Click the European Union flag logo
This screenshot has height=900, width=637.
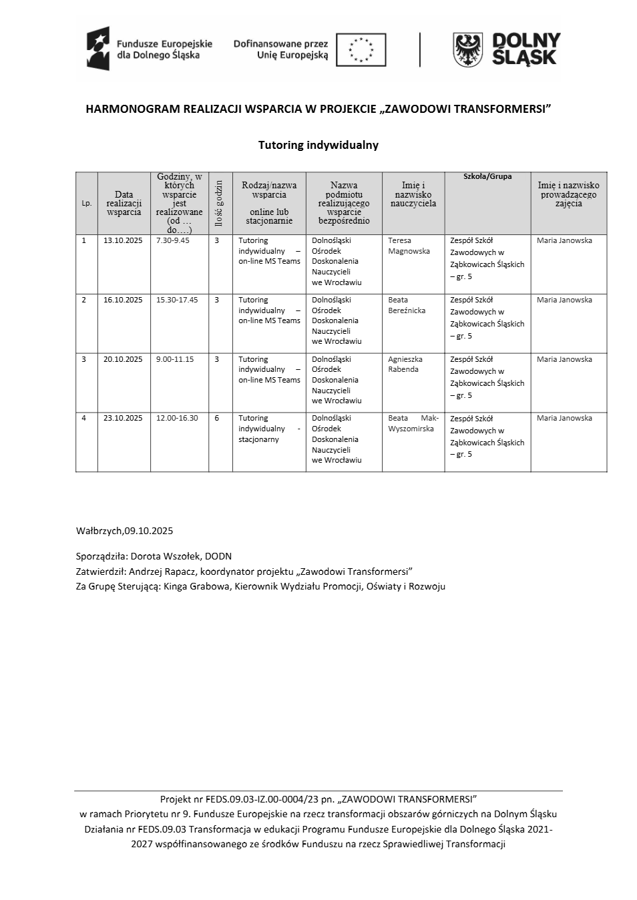(361, 49)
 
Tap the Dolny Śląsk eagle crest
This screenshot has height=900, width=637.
(468, 49)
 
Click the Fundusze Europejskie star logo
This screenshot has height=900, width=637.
(97, 49)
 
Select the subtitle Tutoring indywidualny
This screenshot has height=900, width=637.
(318, 145)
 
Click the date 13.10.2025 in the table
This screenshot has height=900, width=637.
(123, 240)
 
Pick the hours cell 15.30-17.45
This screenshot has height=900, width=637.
(177, 300)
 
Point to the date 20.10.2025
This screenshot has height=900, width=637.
(123, 359)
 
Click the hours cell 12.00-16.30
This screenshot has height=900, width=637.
(177, 418)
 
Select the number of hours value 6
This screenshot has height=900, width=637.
(217, 418)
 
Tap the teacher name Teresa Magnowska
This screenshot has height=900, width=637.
(409, 246)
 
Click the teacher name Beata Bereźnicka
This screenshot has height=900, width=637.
(407, 305)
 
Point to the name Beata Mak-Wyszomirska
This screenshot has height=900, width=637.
(413, 423)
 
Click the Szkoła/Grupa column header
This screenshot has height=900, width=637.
(487, 177)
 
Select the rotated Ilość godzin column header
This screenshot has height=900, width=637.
(220, 202)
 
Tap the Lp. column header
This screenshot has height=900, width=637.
(86, 203)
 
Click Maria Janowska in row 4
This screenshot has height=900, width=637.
(564, 418)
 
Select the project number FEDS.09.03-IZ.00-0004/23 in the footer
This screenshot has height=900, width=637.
(262, 799)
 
